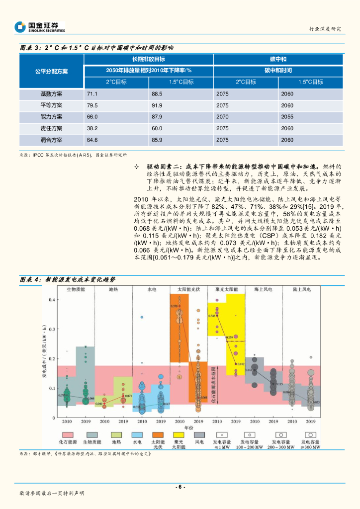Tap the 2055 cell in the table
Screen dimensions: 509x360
point(287,117)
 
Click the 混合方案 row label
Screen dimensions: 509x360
point(51,140)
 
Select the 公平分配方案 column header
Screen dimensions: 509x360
point(51,71)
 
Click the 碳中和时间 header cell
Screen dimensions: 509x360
point(278,71)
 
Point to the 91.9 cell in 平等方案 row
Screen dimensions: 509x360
point(157,105)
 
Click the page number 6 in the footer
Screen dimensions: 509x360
point(180,487)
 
